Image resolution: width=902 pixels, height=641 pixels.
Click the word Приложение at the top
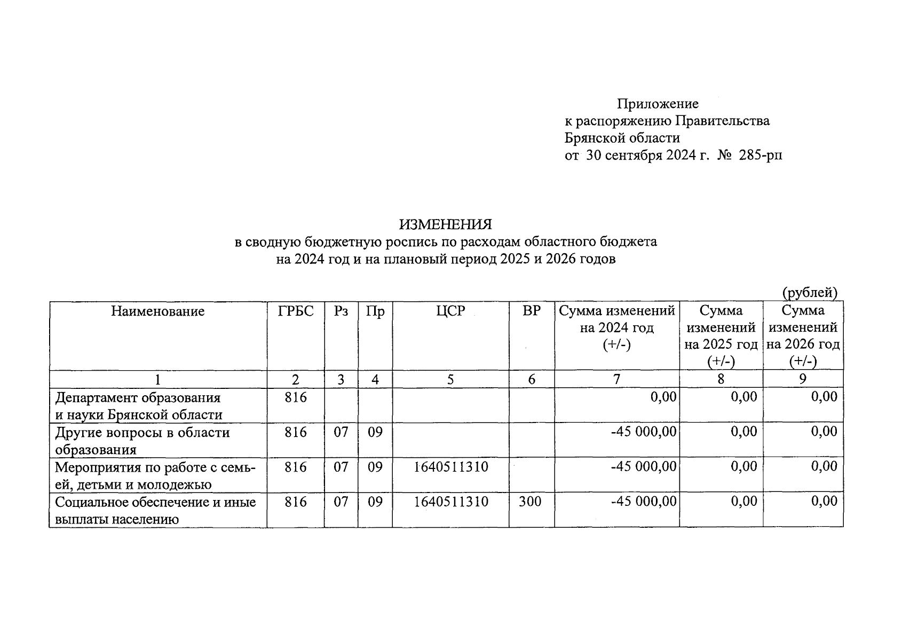point(658,104)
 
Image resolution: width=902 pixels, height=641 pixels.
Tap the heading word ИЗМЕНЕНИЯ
point(446,224)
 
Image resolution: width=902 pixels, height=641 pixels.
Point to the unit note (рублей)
point(810,293)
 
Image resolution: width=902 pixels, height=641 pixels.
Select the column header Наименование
point(157,311)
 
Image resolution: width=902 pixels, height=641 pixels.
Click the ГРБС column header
point(296,311)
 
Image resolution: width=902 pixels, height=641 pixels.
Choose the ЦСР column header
point(450,311)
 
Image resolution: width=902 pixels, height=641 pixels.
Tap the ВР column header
point(531,311)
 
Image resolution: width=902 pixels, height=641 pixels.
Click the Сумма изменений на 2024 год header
point(616,327)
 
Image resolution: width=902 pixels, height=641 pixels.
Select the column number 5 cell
point(450,379)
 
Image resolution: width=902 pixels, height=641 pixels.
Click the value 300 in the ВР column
point(530,502)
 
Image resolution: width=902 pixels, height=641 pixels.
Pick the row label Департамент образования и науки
point(138,406)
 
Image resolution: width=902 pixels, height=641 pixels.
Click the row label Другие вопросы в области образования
point(142,441)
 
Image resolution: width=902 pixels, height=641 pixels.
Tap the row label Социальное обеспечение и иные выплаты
point(155,510)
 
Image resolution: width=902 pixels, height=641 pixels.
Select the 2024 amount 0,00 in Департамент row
point(663,397)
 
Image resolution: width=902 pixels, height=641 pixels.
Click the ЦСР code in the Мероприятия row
point(451,467)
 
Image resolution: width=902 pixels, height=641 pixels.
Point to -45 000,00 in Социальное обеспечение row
point(644,502)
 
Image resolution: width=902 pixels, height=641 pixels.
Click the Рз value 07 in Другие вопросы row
point(341,432)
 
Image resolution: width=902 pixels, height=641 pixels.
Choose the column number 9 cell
point(802,379)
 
